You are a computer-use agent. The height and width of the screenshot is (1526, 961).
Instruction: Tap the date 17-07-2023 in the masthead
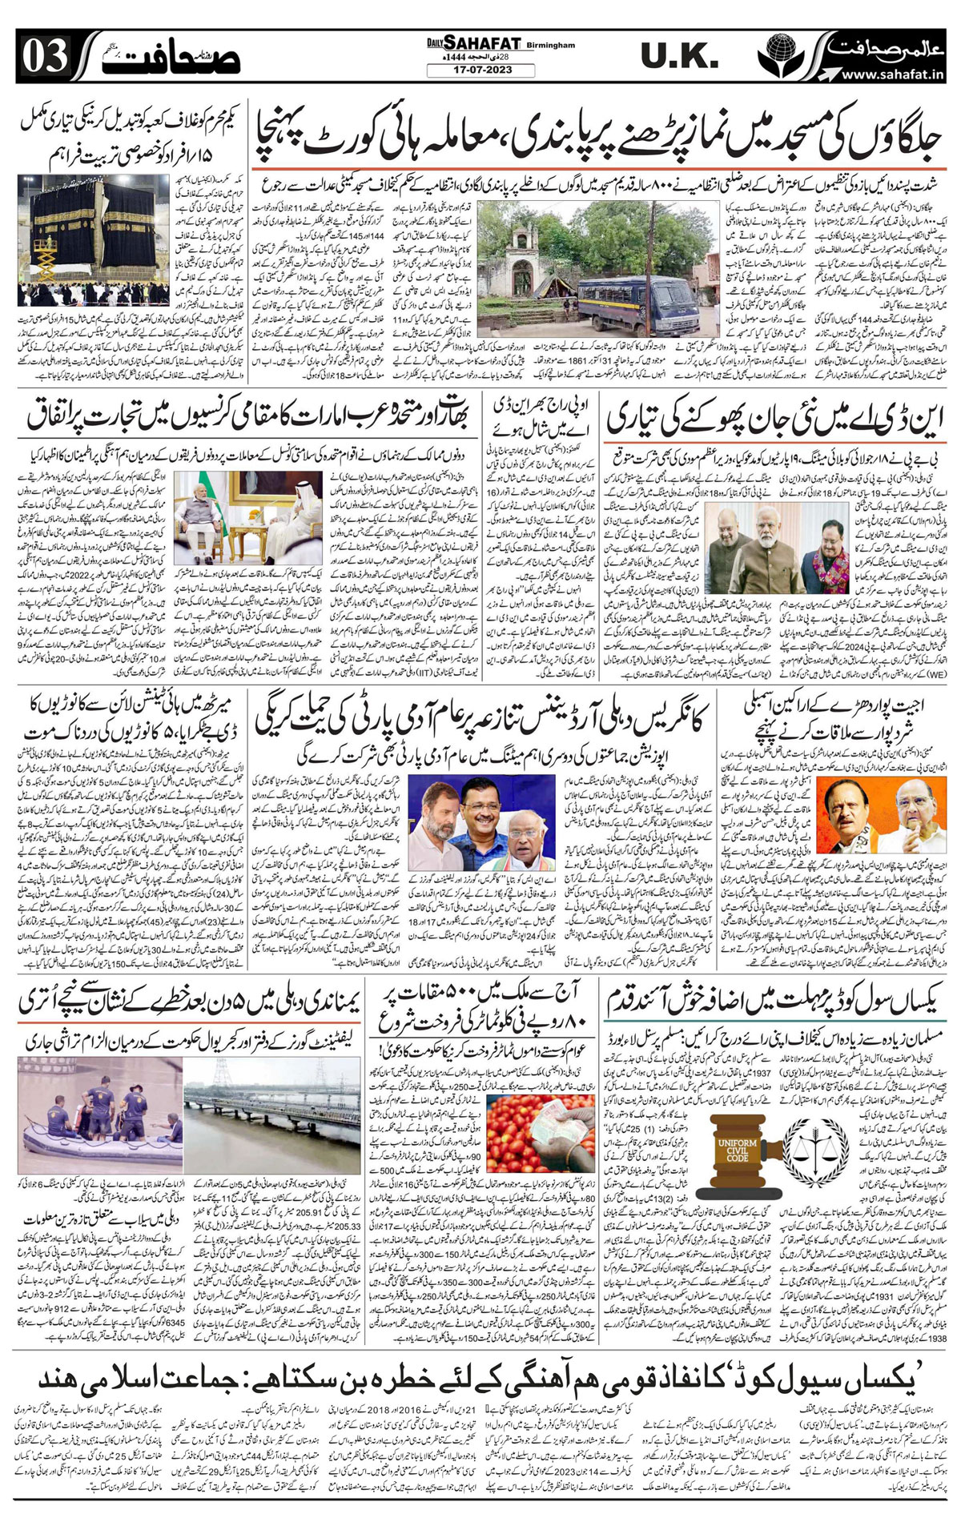[x=480, y=70]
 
